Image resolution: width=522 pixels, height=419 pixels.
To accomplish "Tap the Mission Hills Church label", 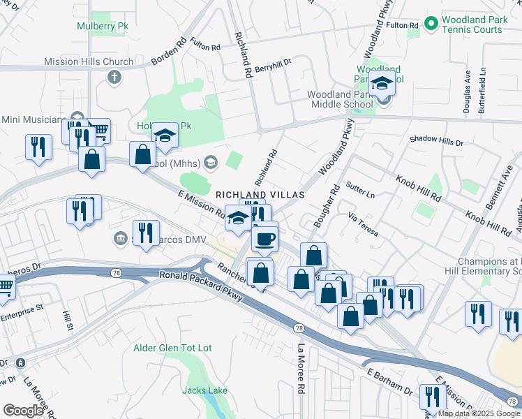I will pyautogui.click(x=89, y=61).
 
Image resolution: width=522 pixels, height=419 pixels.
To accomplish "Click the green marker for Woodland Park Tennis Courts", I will pyautogui.click(x=431, y=24).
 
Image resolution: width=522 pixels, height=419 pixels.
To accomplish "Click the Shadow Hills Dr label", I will pyautogui.click(x=436, y=142).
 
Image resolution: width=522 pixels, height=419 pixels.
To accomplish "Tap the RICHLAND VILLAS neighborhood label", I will pyautogui.click(x=260, y=195).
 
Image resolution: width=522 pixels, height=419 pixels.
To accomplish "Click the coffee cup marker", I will pyautogui.click(x=264, y=239).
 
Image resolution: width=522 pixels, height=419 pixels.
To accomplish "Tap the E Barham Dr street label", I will pyautogui.click(x=389, y=381).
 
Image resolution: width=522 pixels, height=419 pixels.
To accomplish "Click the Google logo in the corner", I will pyautogui.click(x=24, y=411).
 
